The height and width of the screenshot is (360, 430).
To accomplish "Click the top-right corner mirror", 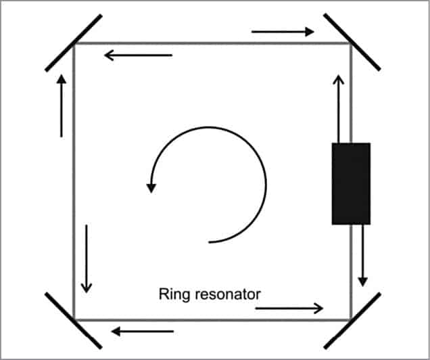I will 352,41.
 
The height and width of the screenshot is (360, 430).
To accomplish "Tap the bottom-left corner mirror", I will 74,319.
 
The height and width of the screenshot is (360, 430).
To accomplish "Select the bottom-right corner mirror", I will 352,320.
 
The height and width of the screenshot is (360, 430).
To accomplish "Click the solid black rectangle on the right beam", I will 351,183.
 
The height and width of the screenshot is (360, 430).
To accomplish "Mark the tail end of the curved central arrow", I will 210,241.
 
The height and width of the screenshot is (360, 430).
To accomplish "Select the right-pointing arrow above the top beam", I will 283,31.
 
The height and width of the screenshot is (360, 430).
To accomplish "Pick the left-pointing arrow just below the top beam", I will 138,55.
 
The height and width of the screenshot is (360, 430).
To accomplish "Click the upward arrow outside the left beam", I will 62,106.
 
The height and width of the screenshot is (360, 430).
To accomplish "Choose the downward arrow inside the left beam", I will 86,258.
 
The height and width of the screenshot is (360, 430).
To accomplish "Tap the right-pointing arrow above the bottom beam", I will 289,309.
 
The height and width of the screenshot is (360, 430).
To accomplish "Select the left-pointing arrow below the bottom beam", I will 143,332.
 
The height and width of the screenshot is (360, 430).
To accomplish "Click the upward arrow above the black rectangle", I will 339,108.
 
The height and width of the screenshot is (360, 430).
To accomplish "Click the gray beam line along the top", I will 216,43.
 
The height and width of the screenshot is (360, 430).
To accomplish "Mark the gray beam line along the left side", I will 74,183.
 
